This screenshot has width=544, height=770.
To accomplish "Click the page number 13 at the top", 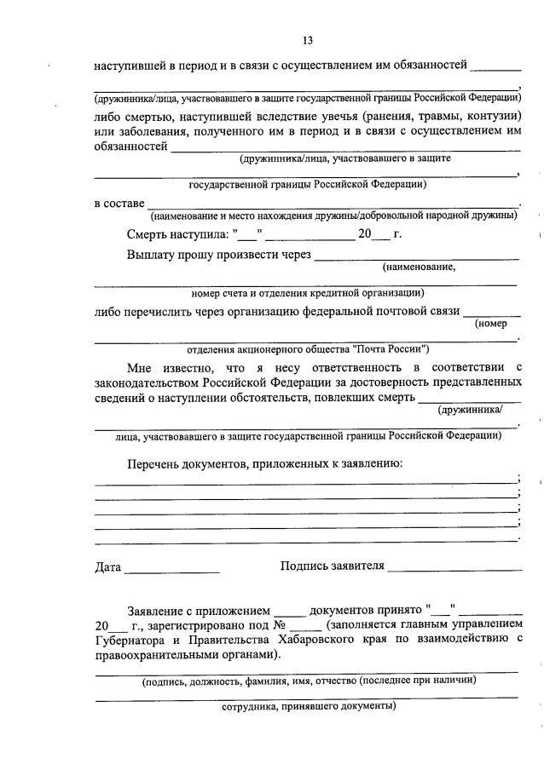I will click(x=307, y=40).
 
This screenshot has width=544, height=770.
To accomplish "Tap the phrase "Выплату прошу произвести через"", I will click(x=219, y=255).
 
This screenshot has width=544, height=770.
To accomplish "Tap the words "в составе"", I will click(x=119, y=203).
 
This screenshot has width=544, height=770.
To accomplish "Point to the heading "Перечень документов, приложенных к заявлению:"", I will click(x=264, y=463).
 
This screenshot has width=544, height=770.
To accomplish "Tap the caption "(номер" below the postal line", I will click(x=491, y=323).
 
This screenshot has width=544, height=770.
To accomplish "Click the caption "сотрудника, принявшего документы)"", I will click(x=308, y=706).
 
